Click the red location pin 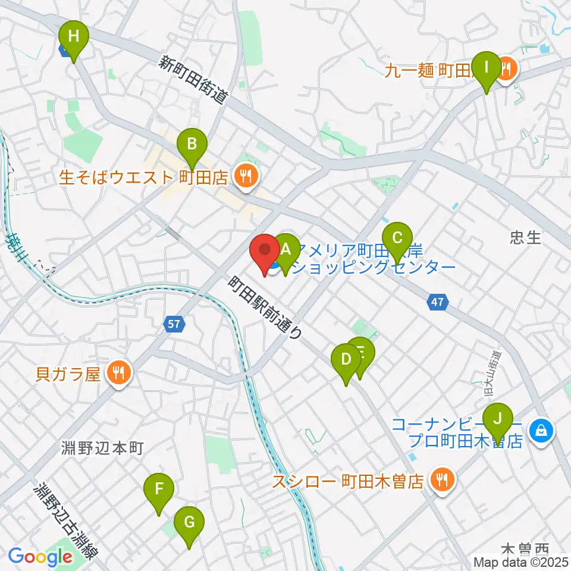(264, 252)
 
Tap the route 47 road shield (438, 303)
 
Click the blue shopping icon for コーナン (541, 428)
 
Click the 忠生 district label (525, 238)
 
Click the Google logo (40, 557)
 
